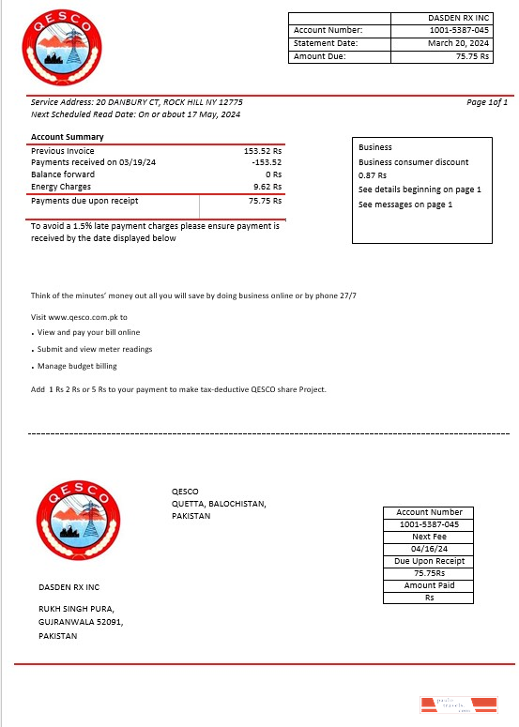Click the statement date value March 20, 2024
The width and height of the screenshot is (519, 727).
pos(458,43)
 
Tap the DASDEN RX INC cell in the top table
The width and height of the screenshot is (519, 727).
pos(458,18)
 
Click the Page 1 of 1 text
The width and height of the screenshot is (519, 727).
pos(486,101)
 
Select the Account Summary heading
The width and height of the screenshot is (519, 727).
pos(68,137)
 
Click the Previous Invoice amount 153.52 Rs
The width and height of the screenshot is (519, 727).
pos(263,150)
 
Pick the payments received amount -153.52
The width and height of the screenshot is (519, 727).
pos(267,162)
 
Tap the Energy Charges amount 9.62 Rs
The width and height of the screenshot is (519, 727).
pos(267,187)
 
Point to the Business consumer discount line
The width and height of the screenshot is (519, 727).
pos(413,162)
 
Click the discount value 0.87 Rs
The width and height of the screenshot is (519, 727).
pos(373,175)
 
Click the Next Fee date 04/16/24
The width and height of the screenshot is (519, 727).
pos(428,549)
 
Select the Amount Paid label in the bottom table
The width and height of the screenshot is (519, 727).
pos(429,585)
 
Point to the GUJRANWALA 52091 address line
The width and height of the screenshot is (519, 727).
pos(80,622)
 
